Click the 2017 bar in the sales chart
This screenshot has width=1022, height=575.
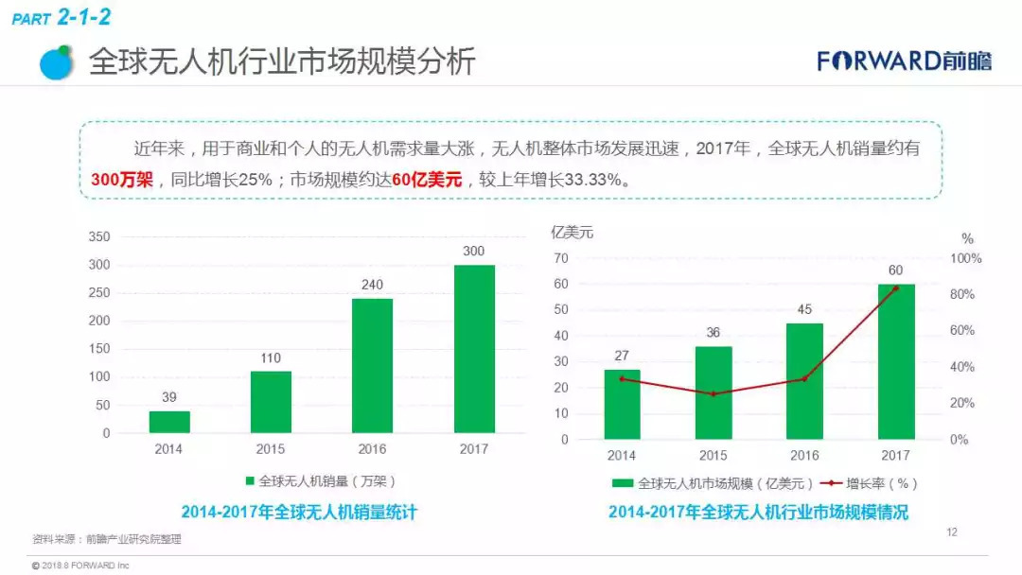[x=474, y=349]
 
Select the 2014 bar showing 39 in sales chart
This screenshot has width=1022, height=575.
[x=169, y=422]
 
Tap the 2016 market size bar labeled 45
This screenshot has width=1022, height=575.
[x=804, y=381]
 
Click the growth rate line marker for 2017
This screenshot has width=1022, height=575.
[x=895, y=288]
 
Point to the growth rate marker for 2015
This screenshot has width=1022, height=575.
[x=714, y=393]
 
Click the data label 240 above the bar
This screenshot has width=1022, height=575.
[x=372, y=284]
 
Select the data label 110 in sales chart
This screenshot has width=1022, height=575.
[x=271, y=357]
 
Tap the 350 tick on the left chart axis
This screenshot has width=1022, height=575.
[x=98, y=236]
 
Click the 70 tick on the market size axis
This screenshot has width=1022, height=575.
[x=561, y=258]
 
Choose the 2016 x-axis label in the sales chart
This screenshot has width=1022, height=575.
[x=372, y=449]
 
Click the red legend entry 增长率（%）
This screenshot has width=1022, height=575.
[x=869, y=483]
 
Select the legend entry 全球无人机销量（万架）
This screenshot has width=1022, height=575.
[x=321, y=479]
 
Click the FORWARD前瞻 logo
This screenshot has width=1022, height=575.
[x=904, y=61]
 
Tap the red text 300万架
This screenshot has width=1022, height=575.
[x=121, y=180]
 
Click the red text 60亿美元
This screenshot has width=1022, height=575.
[x=426, y=180]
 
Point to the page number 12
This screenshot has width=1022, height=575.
[x=951, y=532]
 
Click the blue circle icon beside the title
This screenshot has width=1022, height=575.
[x=57, y=61]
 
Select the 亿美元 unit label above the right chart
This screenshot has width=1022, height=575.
[x=572, y=233]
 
